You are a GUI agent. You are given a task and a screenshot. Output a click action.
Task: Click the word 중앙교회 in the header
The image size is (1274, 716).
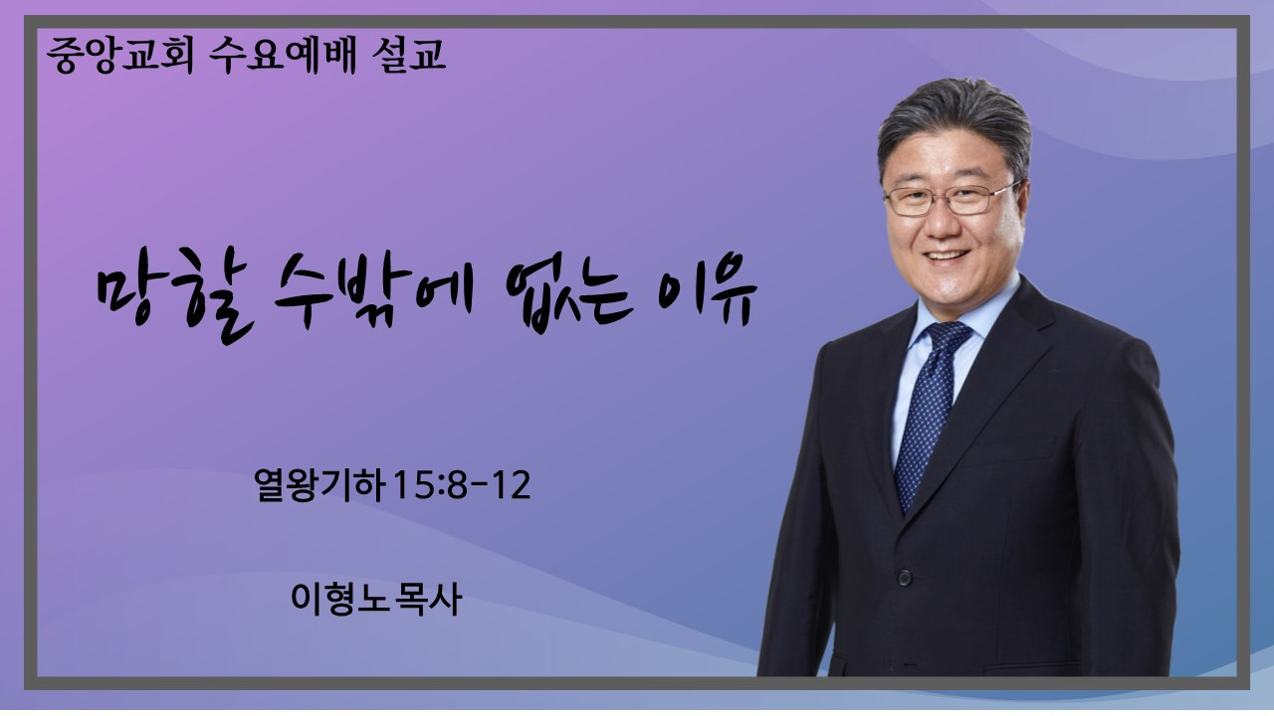[x=120, y=55]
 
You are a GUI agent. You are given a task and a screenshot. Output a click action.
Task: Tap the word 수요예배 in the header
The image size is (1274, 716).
[x=283, y=55]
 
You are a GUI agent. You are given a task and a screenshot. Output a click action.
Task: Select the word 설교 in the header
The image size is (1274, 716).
[x=409, y=55]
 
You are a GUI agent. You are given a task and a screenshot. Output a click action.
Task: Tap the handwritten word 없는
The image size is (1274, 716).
[x=569, y=295]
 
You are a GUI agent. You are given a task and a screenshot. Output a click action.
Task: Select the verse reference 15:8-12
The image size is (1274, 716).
[x=461, y=485]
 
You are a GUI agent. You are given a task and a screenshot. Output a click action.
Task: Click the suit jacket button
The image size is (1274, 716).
[x=905, y=579]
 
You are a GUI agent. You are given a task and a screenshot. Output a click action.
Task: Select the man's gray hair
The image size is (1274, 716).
[x=955, y=122]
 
